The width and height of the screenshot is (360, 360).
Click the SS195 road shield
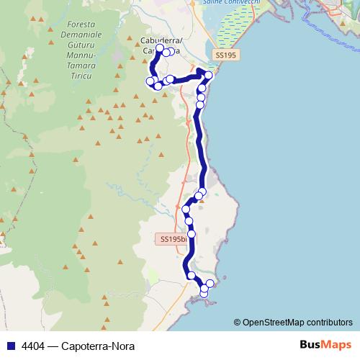tap(225, 55)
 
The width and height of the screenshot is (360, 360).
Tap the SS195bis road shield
tap(174, 238)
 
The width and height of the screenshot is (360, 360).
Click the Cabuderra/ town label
tap(161, 41)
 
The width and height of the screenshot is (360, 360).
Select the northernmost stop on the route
tap(160, 49)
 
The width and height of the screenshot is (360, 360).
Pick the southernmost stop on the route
tap(204, 293)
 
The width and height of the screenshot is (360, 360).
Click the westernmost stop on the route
tap(150, 81)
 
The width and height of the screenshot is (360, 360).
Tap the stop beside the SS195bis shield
tap(192, 234)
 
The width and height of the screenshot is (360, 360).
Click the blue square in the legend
tap(10, 346)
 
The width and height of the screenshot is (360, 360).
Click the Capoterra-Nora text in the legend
tap(99, 346)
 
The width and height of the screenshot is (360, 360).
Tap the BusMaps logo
tap(326, 345)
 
